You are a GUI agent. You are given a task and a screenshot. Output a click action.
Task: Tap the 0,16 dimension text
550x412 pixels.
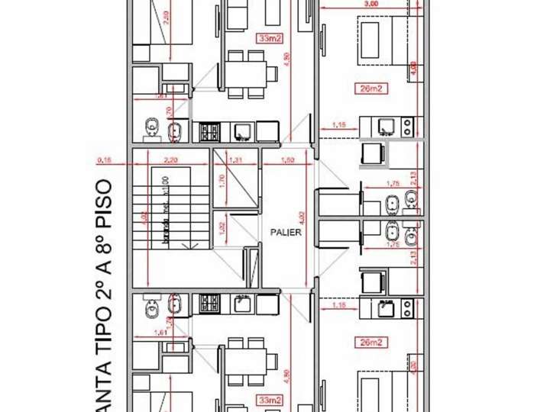pos(104,159)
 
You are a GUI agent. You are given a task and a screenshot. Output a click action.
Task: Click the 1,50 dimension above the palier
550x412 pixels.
pos(287,159)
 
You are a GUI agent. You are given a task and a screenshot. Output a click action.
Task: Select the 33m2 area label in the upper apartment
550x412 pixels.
pos(268,37)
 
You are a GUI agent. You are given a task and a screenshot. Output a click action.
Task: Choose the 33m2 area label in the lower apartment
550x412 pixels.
pos(268,399)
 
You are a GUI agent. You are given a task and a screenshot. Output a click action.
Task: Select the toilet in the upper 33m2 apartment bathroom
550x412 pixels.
pos(151,128)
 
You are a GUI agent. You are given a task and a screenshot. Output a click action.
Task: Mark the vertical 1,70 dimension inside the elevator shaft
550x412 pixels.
pos(222,182)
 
